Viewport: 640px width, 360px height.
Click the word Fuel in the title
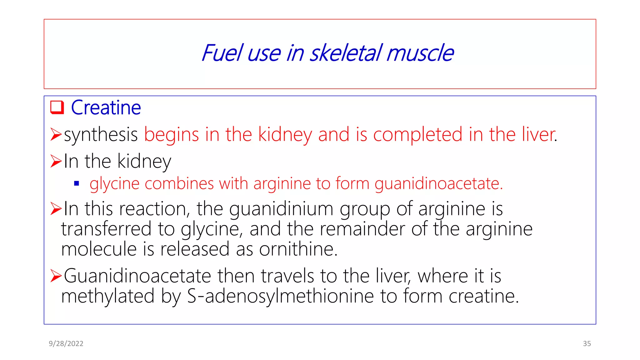tap(222, 53)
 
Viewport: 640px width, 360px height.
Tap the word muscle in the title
tap(420, 53)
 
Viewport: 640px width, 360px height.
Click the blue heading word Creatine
tap(106, 108)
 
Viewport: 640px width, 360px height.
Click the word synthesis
tap(101, 135)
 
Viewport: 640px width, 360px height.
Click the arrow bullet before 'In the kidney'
tap(56, 161)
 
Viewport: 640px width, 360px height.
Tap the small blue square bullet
tap(77, 183)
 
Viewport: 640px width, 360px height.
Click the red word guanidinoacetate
tap(438, 183)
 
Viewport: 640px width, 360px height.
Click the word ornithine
tap(298, 249)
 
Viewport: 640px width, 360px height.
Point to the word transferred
tap(106, 229)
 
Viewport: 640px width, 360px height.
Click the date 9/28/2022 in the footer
tap(66, 344)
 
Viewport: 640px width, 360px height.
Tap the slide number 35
tap(587, 344)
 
